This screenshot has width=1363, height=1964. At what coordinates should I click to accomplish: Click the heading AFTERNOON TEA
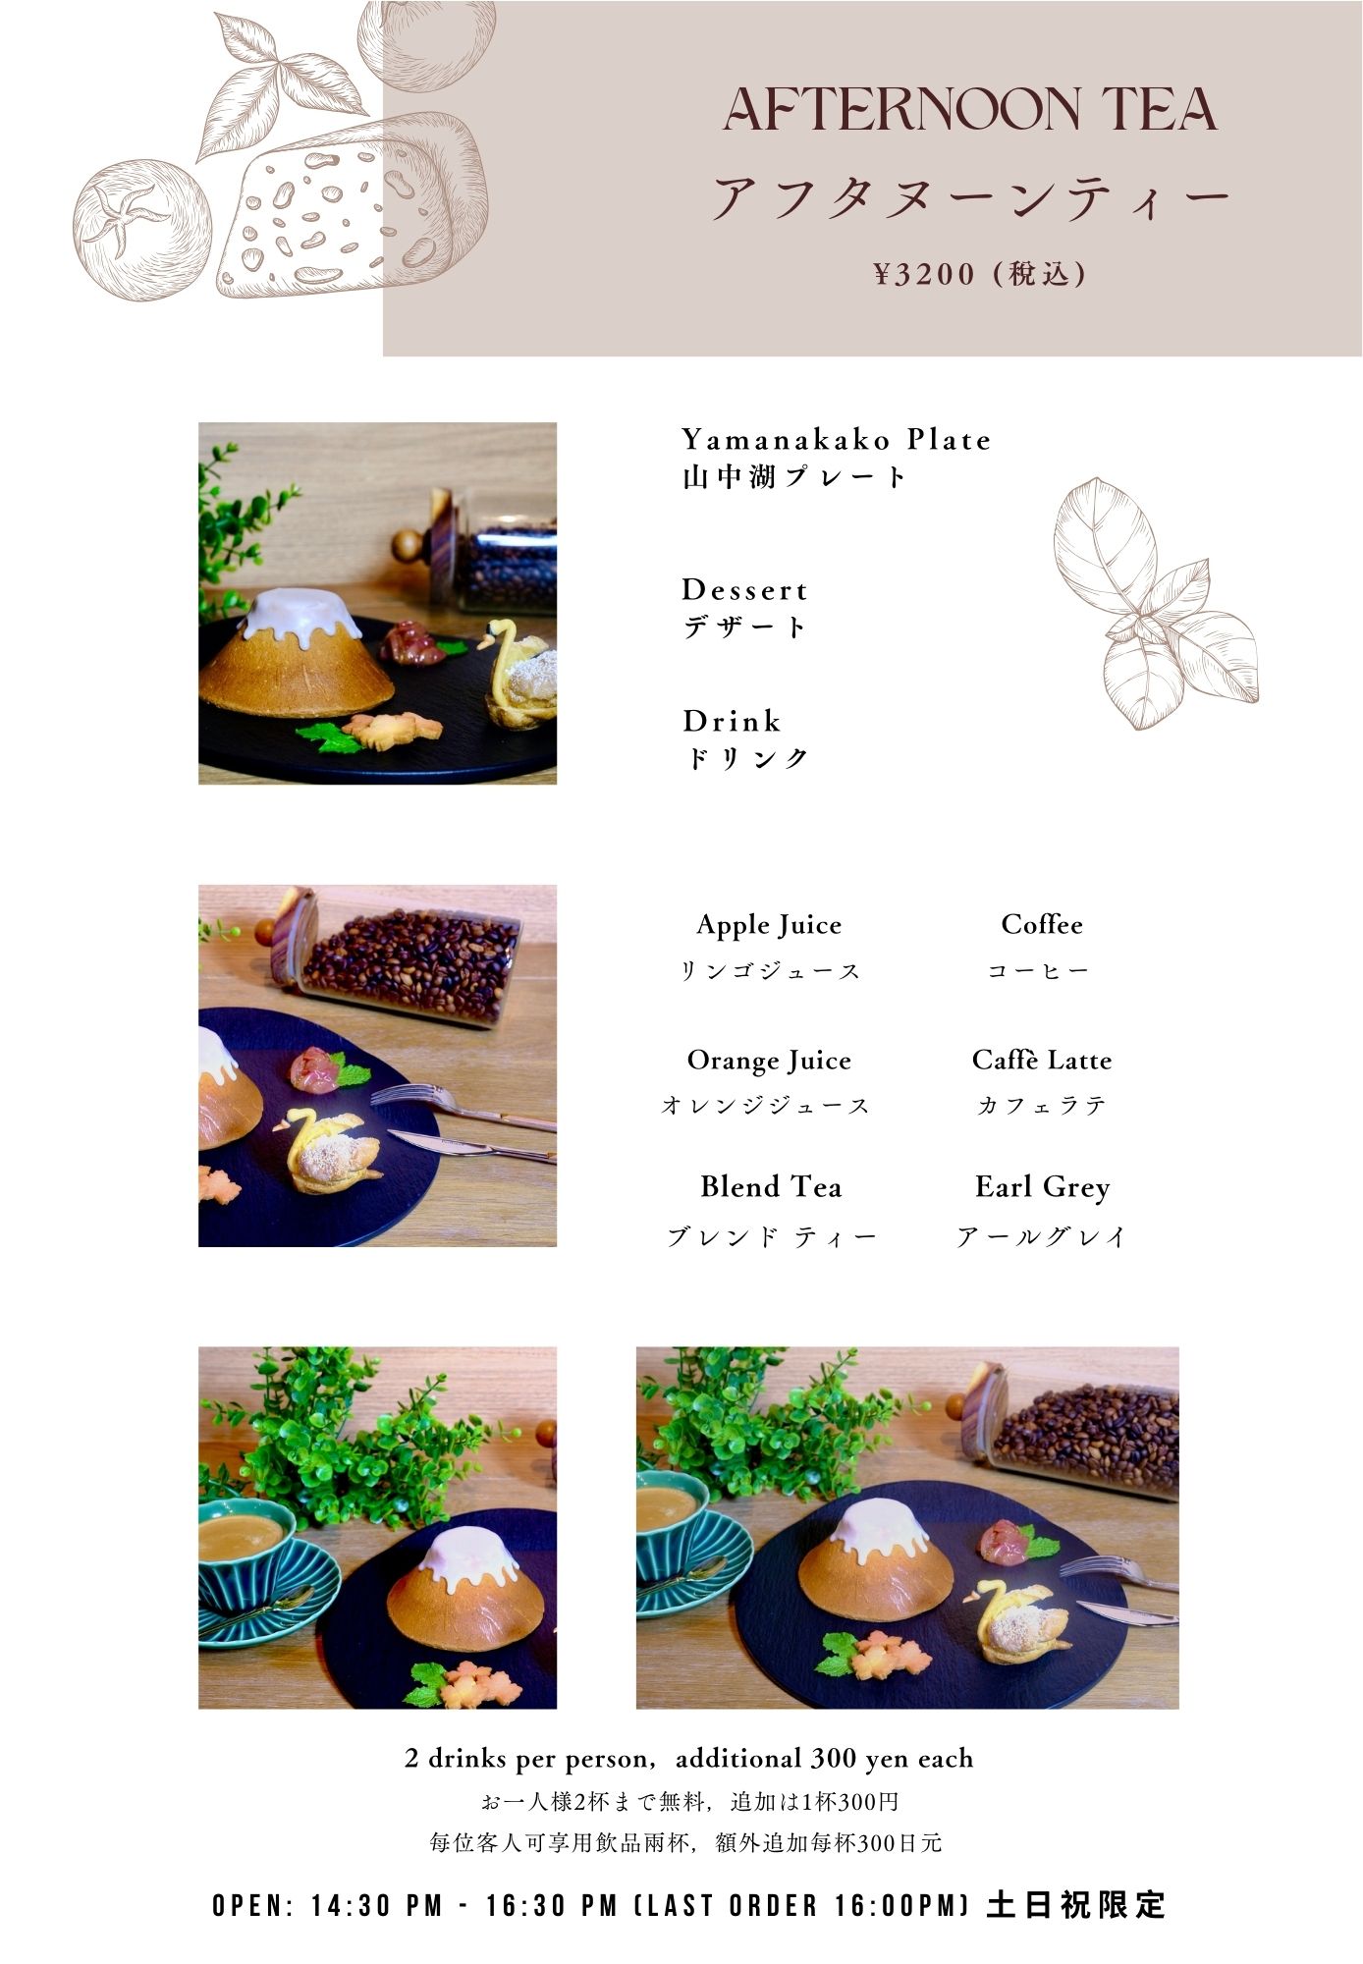(970, 109)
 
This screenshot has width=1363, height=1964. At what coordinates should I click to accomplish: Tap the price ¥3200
(924, 274)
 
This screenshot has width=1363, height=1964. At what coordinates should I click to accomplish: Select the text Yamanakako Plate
(837, 439)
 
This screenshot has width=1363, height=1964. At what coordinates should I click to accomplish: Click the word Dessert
(744, 590)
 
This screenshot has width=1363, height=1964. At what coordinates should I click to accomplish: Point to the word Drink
(732, 721)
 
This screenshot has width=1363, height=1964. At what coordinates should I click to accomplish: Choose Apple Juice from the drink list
(769, 925)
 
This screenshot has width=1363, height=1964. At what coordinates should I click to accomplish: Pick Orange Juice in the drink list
(769, 1061)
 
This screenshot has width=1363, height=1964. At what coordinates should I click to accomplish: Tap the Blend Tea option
(771, 1187)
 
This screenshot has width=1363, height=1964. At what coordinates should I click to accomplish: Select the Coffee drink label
(1042, 924)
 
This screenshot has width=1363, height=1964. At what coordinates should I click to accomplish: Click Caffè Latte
(1042, 1060)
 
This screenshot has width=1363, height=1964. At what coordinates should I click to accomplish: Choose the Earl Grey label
(1042, 1187)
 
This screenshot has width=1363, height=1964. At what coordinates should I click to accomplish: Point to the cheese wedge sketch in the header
(351, 206)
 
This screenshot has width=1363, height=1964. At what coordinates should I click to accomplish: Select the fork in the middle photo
(462, 1106)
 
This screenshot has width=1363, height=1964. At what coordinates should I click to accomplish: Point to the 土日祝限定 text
(1076, 1905)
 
